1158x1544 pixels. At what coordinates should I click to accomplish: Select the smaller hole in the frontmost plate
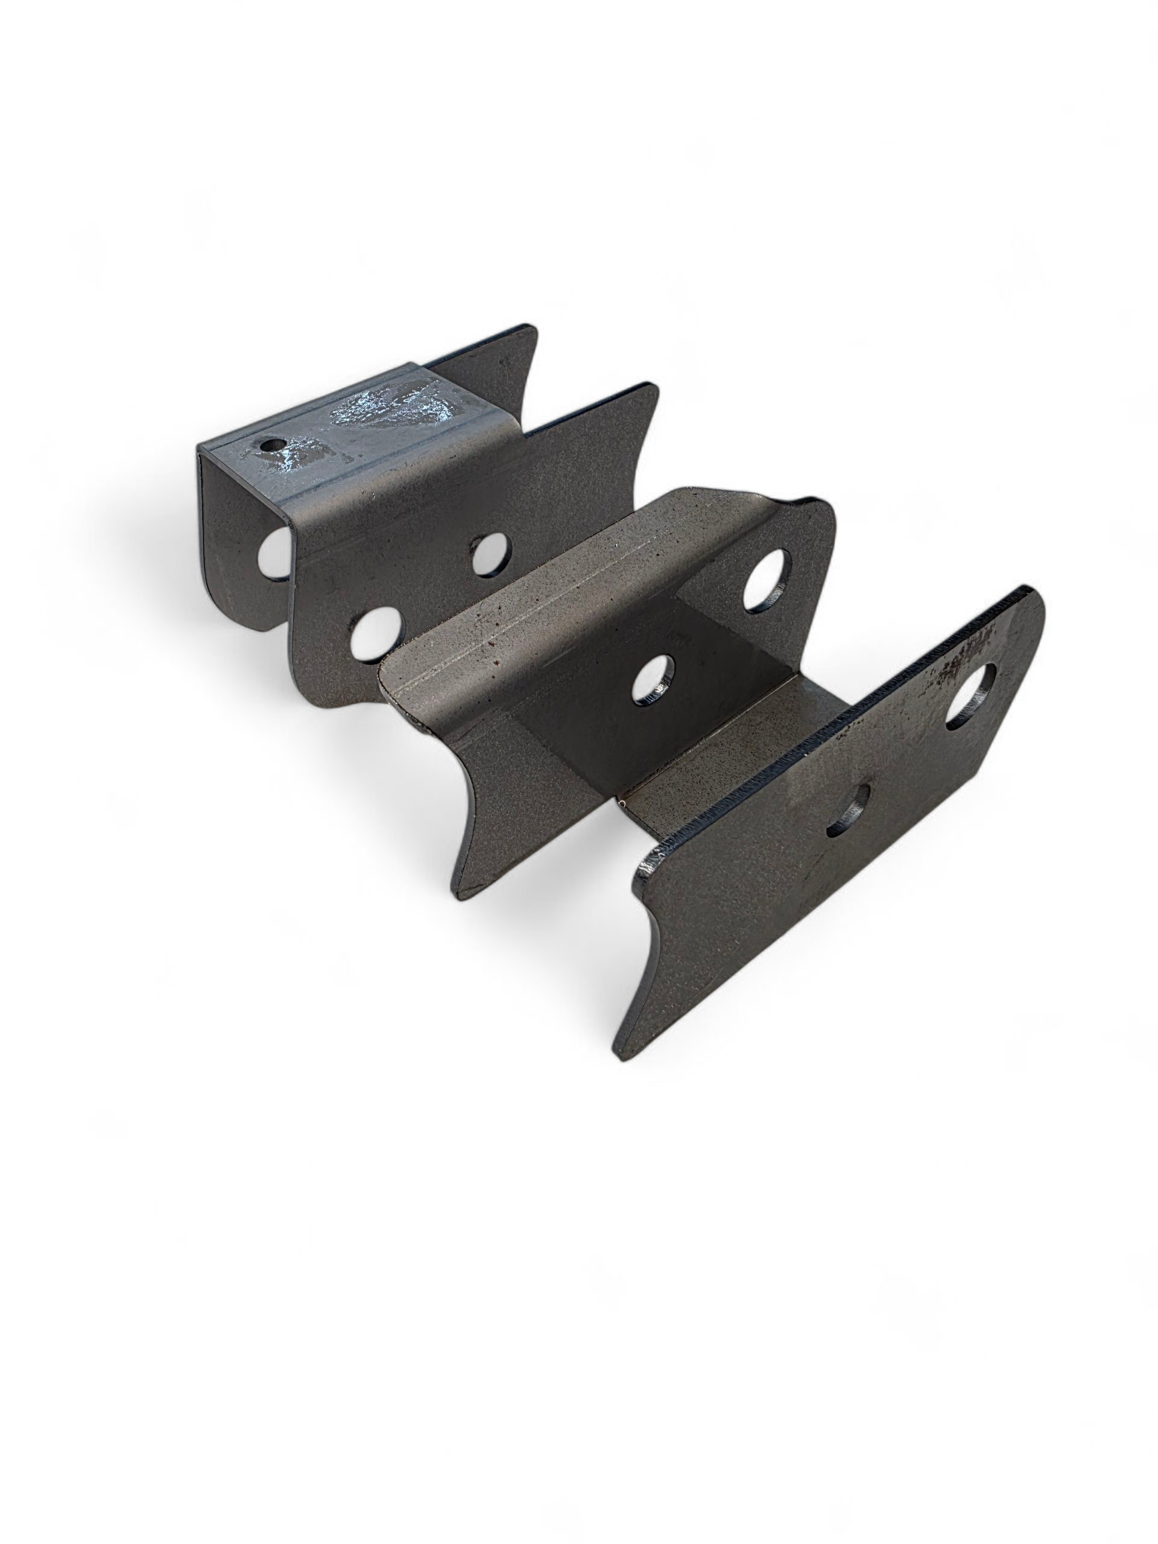848,809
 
